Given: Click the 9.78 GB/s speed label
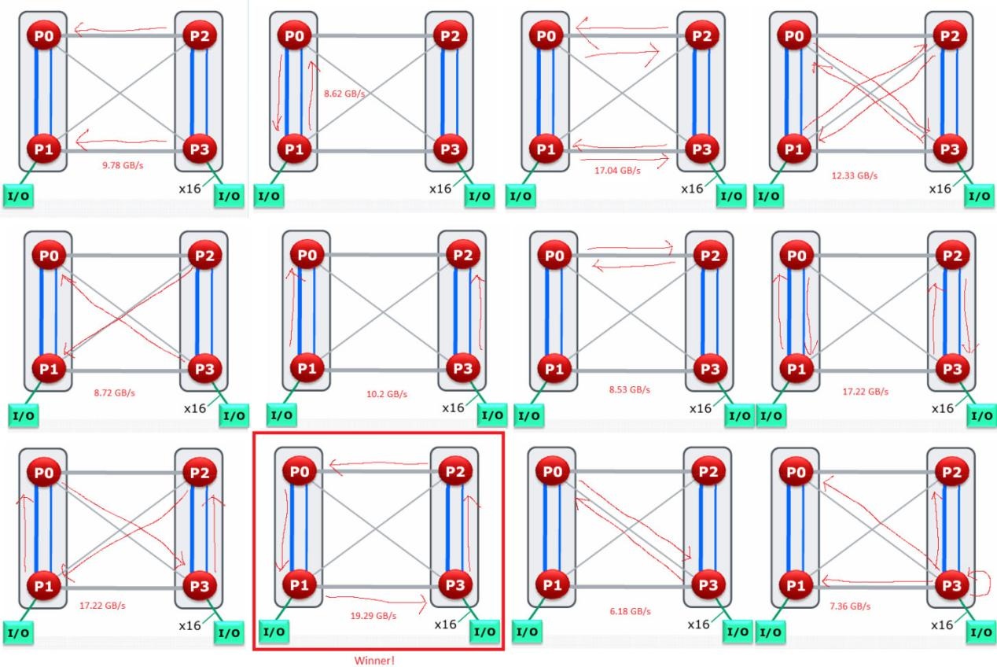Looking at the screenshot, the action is click(123, 165).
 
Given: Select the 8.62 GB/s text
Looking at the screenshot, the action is click(344, 94).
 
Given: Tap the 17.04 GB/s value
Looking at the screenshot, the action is click(617, 170).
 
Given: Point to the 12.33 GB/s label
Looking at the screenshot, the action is click(855, 175).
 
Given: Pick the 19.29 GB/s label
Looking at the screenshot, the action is click(373, 616).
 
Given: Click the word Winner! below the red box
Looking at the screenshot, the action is click(374, 661).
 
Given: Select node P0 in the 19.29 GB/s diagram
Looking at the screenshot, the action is click(300, 471).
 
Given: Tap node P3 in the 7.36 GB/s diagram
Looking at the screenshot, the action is click(951, 585).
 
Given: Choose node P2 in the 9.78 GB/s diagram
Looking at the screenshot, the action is click(200, 35).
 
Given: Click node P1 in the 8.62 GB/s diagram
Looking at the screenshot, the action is click(294, 149).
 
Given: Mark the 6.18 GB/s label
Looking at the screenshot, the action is click(631, 611).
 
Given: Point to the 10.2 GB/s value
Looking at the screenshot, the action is click(387, 394).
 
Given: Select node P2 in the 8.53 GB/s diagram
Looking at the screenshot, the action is click(710, 256).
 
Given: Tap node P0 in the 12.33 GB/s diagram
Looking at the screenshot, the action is click(794, 35).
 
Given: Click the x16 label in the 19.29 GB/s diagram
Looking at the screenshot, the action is click(446, 625).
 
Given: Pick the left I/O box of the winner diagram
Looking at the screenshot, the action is click(274, 632).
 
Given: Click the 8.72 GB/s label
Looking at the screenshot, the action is click(114, 392).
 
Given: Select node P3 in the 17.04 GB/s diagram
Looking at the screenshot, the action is click(702, 149).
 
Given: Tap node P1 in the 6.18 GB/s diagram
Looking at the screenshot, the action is click(552, 585).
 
